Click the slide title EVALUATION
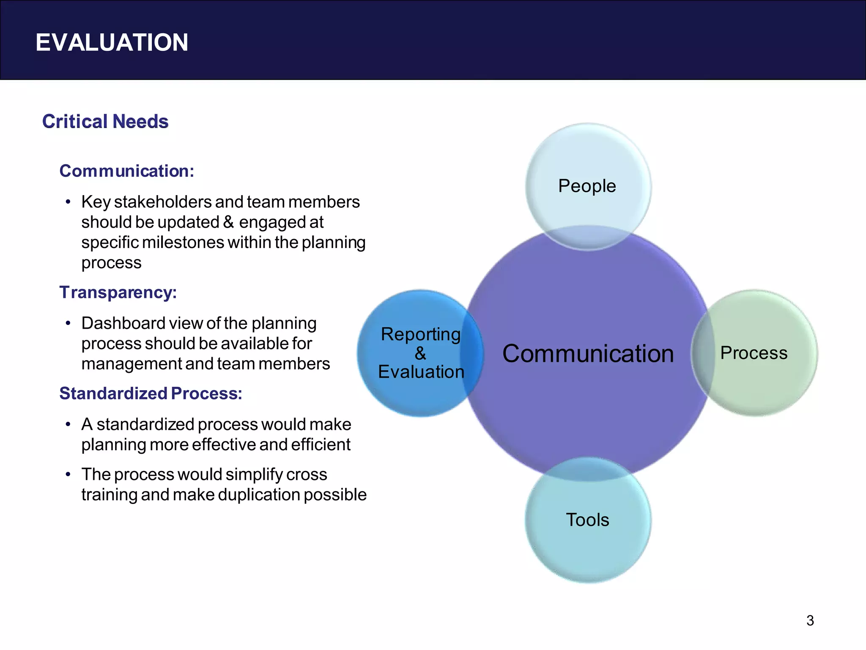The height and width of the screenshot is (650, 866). pos(112,43)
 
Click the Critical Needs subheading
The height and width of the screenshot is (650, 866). pos(105,121)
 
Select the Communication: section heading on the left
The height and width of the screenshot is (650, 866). pos(126,171)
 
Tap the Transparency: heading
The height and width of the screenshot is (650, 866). pos(118,292)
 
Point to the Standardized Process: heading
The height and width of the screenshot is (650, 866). pos(151,393)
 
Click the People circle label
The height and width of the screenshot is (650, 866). pos(587,186)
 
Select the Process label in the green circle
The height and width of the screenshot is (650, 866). pos(754,353)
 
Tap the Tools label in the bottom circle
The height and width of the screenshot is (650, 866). pos(587,520)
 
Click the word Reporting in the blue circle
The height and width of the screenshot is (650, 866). pos(421,334)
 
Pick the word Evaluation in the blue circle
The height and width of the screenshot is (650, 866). pos(421,372)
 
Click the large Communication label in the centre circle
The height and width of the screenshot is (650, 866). pos(588,354)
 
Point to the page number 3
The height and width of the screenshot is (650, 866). pos(810,621)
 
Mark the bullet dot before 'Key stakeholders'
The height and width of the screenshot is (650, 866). pos(68,202)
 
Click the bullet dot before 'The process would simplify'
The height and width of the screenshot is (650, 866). pos(68,474)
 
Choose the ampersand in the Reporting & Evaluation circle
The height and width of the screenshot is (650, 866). pos(420,353)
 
